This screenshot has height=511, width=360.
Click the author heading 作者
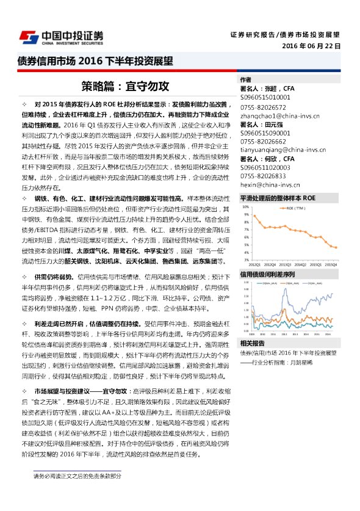(245, 79)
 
